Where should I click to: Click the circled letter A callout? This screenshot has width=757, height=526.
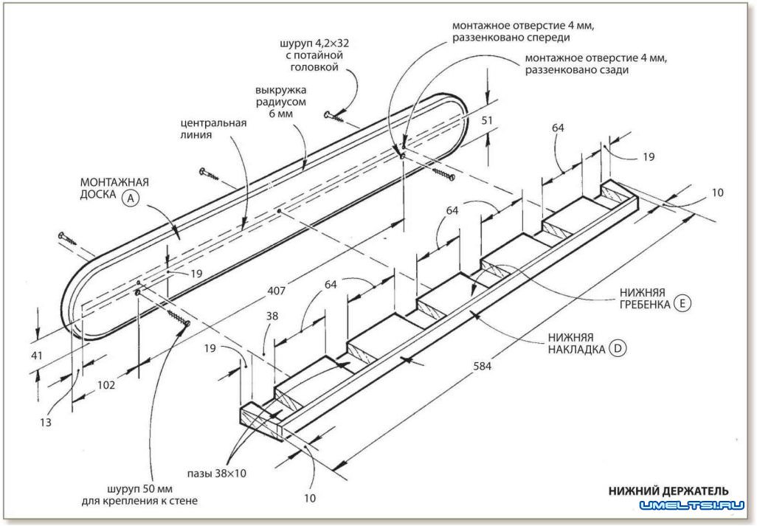pos(131,197)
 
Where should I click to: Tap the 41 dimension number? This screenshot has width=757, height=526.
pos(37,356)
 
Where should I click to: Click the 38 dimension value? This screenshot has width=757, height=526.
pos(272,316)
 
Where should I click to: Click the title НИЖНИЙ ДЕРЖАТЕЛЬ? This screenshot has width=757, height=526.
pos(668,491)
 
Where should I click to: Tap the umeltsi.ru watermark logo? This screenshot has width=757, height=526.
pos(693,506)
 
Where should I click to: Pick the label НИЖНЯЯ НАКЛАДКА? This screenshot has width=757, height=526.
pos(576,342)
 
